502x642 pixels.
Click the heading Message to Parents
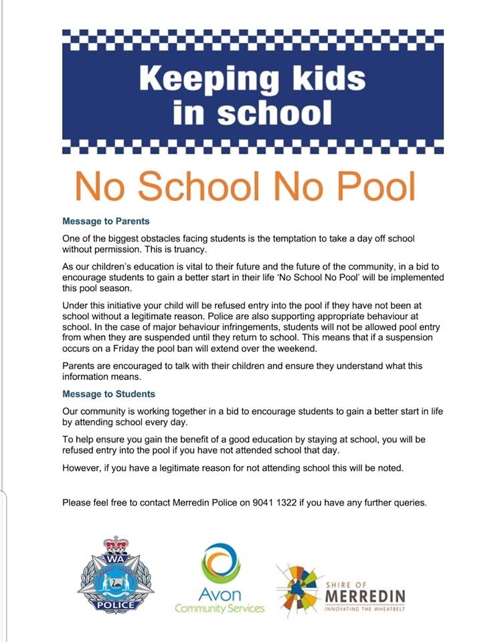pyautogui.click(x=106, y=221)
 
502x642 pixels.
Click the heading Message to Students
pyautogui.click(x=108, y=394)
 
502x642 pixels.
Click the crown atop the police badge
pyautogui.click(x=116, y=543)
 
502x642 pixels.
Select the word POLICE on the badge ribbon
pyautogui.click(x=115, y=604)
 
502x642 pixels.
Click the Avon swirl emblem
pyautogui.click(x=221, y=562)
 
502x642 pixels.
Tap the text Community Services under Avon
pyautogui.click(x=220, y=609)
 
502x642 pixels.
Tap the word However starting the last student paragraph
pyautogui.click(x=81, y=467)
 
